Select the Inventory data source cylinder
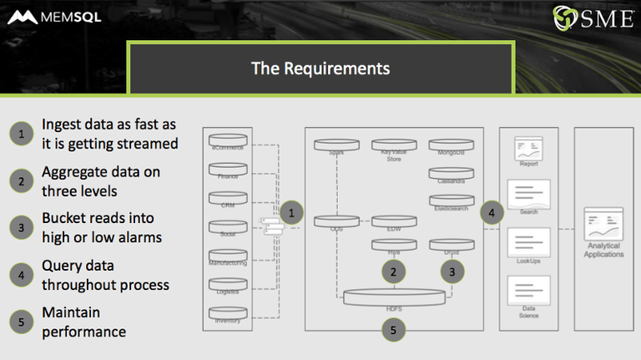[228, 315]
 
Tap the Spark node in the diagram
[336, 145]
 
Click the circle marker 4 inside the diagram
[492, 213]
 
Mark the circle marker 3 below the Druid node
[452, 271]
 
